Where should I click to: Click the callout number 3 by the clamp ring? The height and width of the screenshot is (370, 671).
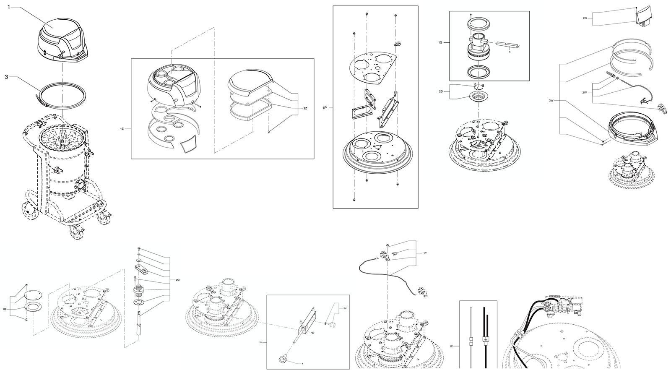(6, 77)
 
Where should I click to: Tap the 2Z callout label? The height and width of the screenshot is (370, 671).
(305, 108)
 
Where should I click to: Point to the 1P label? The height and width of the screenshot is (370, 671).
(324, 108)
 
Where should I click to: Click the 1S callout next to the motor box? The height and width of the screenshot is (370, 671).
(440, 43)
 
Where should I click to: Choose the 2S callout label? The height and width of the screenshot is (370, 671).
(440, 91)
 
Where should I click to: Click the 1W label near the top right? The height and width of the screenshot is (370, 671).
(585, 18)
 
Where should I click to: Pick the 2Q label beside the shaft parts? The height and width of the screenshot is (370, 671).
(177, 279)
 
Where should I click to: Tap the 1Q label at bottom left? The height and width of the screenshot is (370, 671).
(4, 309)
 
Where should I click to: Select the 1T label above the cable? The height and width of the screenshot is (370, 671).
(425, 253)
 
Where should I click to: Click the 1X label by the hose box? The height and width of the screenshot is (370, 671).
(451, 347)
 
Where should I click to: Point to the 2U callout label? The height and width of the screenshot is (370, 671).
(345, 308)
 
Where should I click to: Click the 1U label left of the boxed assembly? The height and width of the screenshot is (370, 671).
(260, 343)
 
